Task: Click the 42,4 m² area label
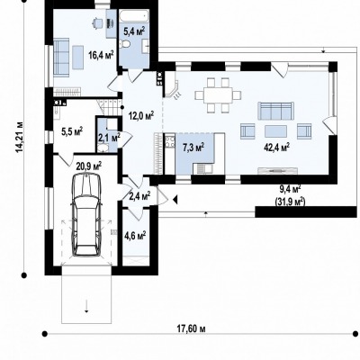276,147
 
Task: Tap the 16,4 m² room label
101,55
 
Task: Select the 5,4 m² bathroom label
134,31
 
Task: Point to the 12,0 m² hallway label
141,115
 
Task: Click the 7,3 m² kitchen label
193,147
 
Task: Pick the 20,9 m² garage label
89,166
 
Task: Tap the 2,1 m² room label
110,138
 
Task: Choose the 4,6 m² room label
135,235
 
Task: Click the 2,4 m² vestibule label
139,196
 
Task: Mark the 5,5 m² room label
72,131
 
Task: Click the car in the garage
86,215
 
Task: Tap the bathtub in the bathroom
134,14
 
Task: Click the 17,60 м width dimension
191,329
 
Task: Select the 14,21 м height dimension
20,137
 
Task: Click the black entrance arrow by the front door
175,199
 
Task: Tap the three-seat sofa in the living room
275,111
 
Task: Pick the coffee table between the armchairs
275,131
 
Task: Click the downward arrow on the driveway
86,306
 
